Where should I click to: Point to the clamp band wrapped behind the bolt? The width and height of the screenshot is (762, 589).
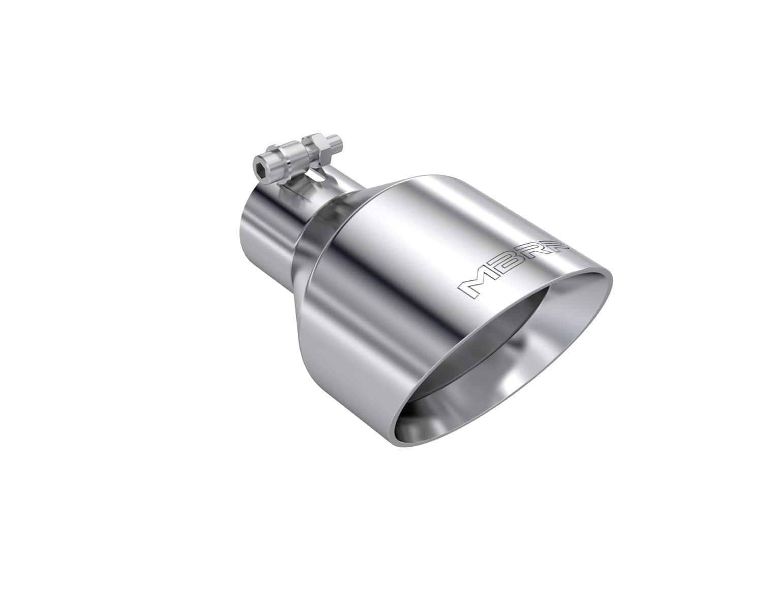tap(295, 188)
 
